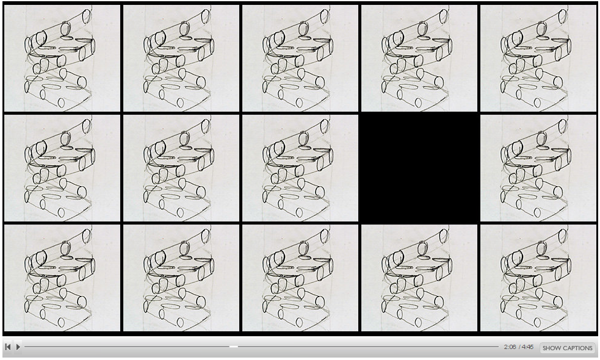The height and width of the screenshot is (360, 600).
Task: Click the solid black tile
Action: click(419, 168)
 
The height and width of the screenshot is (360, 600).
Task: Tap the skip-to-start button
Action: click(8, 347)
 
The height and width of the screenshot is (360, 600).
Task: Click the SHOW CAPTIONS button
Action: click(568, 348)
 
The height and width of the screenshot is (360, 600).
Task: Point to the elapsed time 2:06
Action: click(510, 347)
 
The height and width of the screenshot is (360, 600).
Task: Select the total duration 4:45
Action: click(528, 347)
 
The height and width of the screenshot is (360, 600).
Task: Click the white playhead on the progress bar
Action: click(233, 347)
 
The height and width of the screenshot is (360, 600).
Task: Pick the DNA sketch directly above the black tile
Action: click(419, 58)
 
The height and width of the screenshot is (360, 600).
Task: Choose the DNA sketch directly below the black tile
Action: click(419, 278)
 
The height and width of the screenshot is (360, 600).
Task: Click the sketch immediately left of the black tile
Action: click(300, 168)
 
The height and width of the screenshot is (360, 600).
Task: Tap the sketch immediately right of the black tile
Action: click(538, 168)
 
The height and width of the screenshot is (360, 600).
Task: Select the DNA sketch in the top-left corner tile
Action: click(62, 58)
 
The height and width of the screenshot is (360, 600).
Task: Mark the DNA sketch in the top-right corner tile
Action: click(538, 58)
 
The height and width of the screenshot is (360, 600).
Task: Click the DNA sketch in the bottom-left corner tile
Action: click(62, 278)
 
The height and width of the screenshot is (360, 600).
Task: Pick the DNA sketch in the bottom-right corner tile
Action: click(538, 278)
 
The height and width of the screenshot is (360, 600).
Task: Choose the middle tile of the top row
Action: click(300, 58)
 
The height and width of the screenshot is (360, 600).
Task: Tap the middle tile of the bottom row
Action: click(300, 278)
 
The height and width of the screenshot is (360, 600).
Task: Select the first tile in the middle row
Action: click(62, 168)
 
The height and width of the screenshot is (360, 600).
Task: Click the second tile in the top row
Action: click(181, 58)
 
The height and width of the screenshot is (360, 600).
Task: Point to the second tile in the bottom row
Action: click(181, 278)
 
